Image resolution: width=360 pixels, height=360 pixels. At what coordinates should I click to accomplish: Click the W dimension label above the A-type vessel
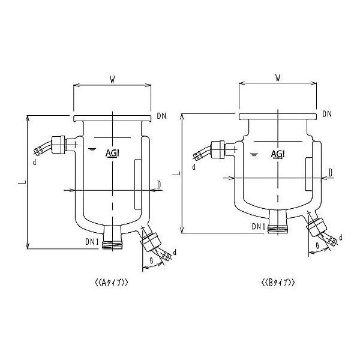112,78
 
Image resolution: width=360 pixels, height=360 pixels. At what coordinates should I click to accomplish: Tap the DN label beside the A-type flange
161,115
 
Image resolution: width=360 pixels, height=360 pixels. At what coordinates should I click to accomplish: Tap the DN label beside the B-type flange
327,114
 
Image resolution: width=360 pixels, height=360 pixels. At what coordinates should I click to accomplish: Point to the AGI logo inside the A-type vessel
112,152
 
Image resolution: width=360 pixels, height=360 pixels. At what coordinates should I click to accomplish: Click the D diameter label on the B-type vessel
331,173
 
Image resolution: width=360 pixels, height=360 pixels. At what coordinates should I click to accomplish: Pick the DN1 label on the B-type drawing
259,226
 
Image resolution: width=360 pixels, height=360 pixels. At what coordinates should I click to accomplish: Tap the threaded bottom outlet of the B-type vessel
278,228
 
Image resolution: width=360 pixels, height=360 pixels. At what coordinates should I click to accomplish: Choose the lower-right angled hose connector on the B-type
318,232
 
